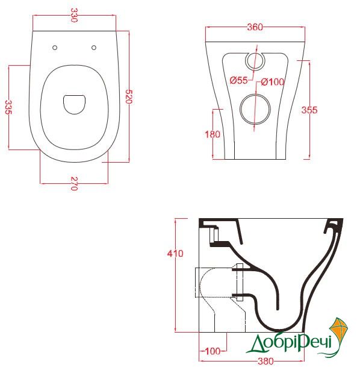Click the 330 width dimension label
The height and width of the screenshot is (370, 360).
coord(74,15)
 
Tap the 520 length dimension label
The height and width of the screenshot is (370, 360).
coord(129,96)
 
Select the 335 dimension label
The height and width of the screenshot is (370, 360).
coord(8,107)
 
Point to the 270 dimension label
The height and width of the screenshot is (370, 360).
coord(74,183)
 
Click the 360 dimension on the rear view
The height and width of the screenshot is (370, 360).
coord(255,27)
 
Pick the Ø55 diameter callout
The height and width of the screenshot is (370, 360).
coord(238,81)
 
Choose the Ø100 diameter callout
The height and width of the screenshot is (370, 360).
coord(272,82)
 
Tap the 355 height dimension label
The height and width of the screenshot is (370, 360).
coord(309,110)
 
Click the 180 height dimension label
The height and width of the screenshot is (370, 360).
coord(212,134)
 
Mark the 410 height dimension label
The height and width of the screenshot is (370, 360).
coord(175,254)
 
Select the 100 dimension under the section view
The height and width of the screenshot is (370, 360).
coord(213,351)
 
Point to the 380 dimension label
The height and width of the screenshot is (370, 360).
coord(265,361)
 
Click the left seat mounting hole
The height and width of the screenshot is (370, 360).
coord(55,48)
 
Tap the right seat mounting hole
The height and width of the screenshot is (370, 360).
coord(94,48)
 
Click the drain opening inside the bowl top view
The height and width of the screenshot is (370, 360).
coord(74,104)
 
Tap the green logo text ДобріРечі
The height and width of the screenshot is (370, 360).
coord(290,343)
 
